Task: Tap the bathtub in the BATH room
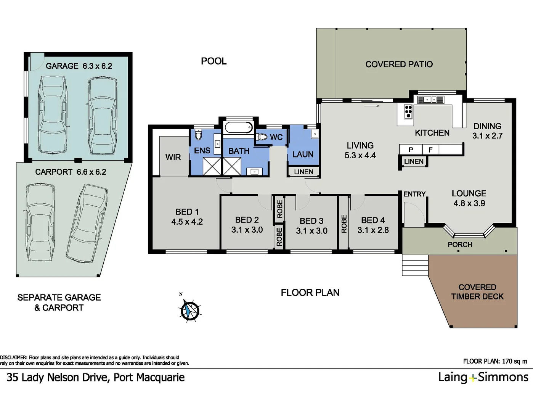(238, 127)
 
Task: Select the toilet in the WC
(262, 137)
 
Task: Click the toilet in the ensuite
(198, 135)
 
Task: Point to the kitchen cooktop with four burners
(408, 111)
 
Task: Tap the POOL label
(214, 61)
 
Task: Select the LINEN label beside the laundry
(303, 172)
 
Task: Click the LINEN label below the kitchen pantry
(414, 161)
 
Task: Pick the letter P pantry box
(411, 150)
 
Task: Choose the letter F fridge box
(430, 150)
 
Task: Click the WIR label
(173, 157)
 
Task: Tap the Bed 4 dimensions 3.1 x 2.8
(373, 230)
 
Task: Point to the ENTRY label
(414, 194)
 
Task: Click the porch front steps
(415, 264)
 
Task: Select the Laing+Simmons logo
(483, 377)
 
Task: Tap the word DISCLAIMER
(14, 357)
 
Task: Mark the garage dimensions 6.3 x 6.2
(97, 66)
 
